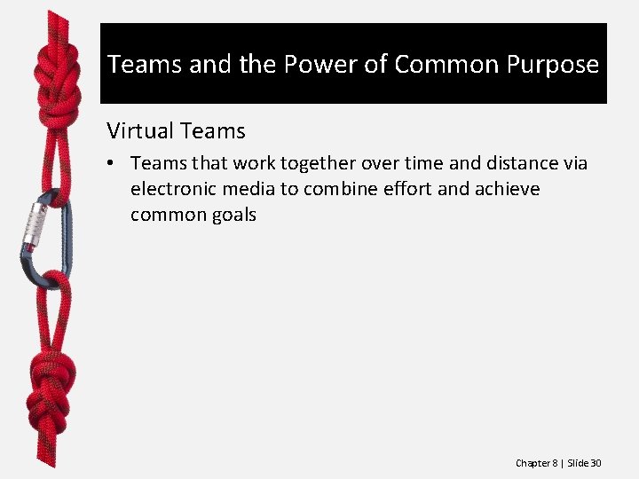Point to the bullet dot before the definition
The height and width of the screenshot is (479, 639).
coord(113,164)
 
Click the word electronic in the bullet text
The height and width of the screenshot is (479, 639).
coord(173,189)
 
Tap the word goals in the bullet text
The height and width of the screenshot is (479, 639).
coord(233,215)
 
